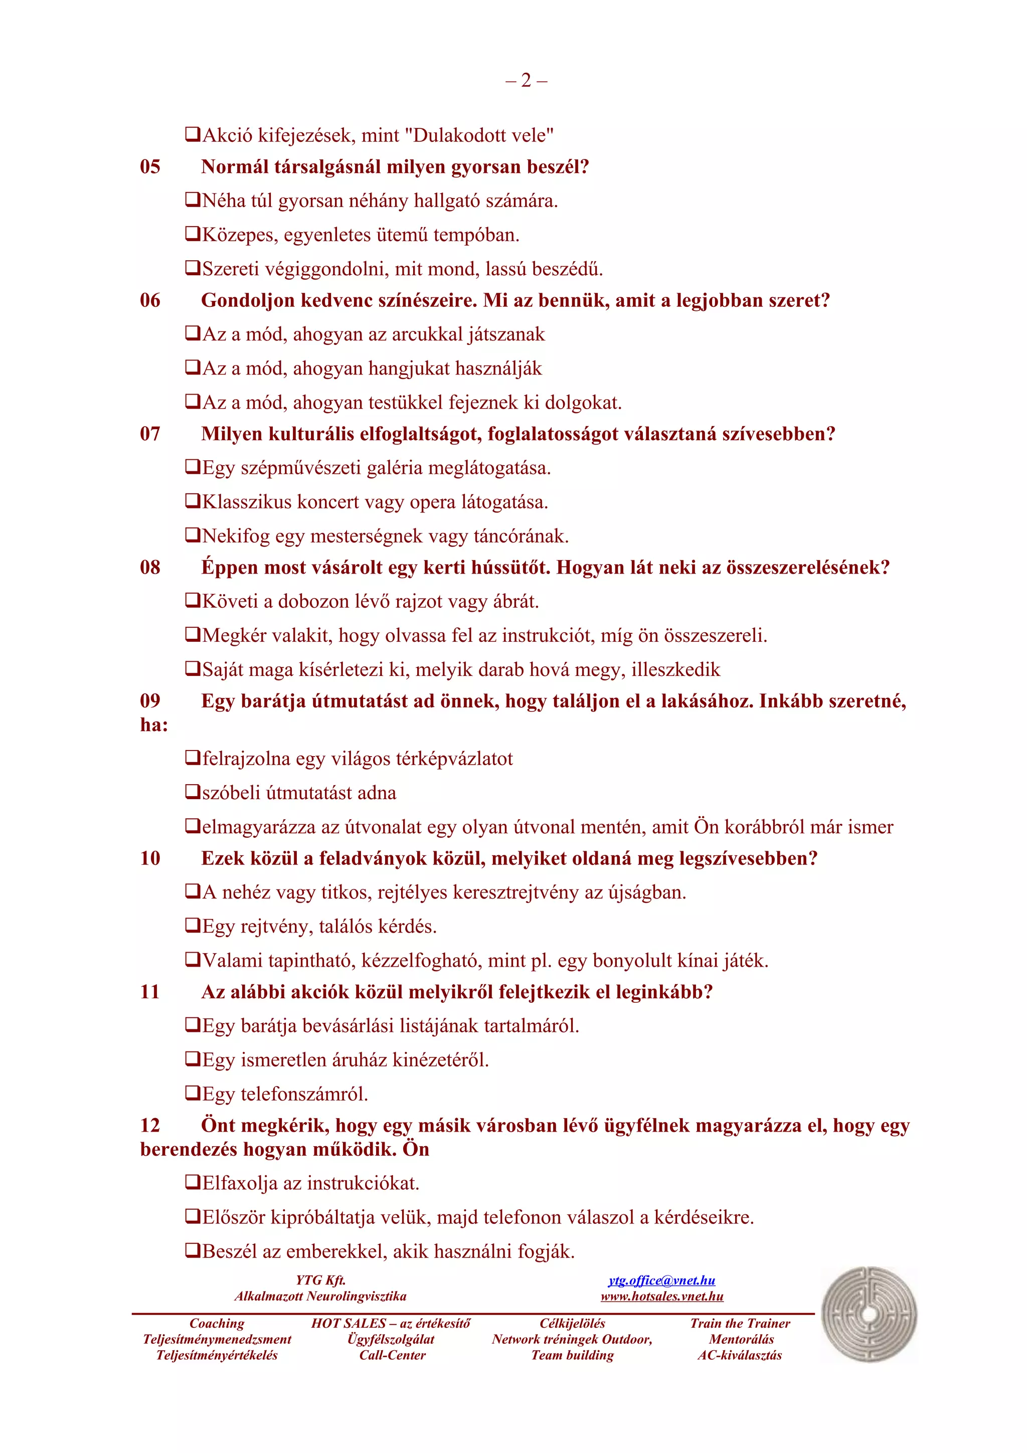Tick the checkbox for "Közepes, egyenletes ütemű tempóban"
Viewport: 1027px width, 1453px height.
[193, 234]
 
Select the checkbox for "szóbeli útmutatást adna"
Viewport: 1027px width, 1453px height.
[193, 792]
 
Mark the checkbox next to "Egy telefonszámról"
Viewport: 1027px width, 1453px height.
[193, 1093]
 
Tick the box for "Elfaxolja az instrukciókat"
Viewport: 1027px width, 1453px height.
[193, 1182]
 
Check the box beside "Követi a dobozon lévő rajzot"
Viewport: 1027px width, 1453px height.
[193, 600]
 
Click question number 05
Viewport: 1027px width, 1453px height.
[150, 167]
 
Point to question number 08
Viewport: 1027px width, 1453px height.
[150, 568]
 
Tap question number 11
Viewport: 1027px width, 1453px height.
[150, 992]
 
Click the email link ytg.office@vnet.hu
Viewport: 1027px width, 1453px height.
[661, 1280]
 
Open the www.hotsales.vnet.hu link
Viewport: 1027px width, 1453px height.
[661, 1296]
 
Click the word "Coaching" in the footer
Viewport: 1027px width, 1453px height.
[217, 1323]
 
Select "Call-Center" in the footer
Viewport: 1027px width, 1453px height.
[392, 1355]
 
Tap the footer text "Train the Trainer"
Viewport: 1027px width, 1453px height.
[740, 1323]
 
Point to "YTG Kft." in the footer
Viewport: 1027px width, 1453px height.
[320, 1280]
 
